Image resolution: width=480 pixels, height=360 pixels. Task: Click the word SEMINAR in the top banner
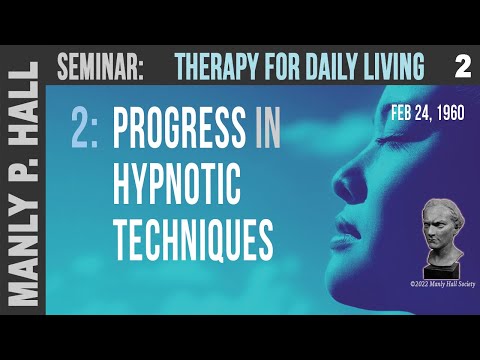pyautogui.click(x=101, y=68)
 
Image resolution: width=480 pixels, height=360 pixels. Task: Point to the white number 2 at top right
pyautogui.click(x=461, y=67)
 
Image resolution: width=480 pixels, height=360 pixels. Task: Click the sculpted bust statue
pyautogui.click(x=438, y=234)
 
